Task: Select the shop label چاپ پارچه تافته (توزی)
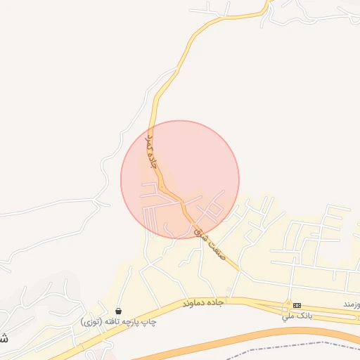pyautogui.click(x=117, y=321)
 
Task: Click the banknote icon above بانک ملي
pyautogui.click(x=297, y=305)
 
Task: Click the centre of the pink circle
pyautogui.click(x=180, y=179)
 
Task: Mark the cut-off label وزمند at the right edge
pyautogui.click(x=352, y=304)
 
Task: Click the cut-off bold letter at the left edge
pyautogui.click(x=4, y=337)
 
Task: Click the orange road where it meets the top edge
pyautogui.click(x=268, y=3)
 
